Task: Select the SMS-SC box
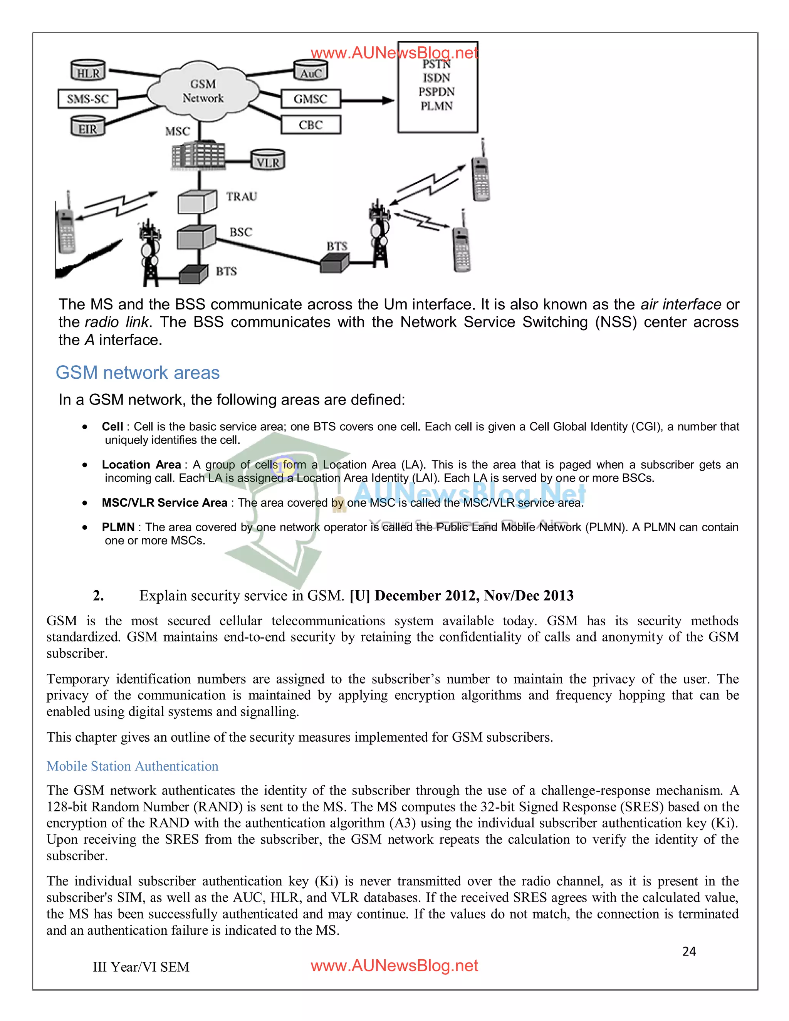click(x=87, y=99)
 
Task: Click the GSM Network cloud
click(x=203, y=90)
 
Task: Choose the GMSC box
click(x=311, y=99)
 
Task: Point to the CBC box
click(x=311, y=125)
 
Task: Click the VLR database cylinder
click(x=267, y=161)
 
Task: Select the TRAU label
click(x=242, y=196)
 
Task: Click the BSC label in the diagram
click(x=241, y=232)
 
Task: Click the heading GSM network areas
click(x=138, y=373)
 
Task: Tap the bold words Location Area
click(x=141, y=464)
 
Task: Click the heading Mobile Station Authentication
click(x=132, y=766)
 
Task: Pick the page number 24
click(x=688, y=951)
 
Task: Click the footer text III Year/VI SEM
click(x=141, y=967)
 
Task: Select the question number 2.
click(x=98, y=596)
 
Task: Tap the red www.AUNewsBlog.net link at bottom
click(x=394, y=966)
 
